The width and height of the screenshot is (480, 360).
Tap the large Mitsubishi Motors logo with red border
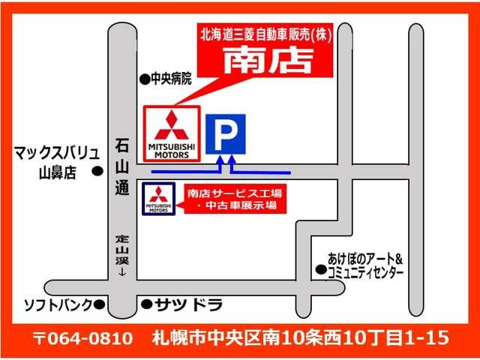[171, 133]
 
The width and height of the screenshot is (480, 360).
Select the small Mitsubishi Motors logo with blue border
[159, 198]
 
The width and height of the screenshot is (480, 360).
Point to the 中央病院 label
[172, 77]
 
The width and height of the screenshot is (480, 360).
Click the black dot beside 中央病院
[144, 77]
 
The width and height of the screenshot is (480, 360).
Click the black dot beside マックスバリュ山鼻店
[97, 171]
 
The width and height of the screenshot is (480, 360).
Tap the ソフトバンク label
[57, 304]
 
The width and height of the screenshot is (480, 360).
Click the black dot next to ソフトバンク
[97, 304]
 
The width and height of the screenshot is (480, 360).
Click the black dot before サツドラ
[145, 304]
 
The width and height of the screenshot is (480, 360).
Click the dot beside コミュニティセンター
[320, 269]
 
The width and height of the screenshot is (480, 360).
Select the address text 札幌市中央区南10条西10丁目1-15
[299, 337]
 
